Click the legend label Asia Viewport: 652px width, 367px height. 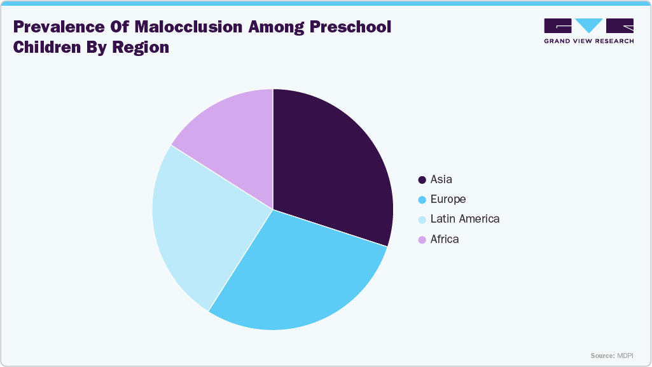tap(441, 179)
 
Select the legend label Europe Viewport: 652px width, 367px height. tap(448, 199)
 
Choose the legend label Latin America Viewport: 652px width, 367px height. tap(464, 219)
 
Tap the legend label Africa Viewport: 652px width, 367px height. tap(444, 239)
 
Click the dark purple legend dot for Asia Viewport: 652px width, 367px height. tap(422, 180)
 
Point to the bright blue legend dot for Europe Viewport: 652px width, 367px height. tap(422, 200)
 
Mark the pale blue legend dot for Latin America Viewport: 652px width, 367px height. tap(422, 219)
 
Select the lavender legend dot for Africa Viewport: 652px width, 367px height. tap(422, 240)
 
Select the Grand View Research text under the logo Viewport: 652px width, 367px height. tap(588, 41)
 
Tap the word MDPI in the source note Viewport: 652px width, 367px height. tap(624, 356)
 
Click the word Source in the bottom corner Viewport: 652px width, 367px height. tap(602, 356)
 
